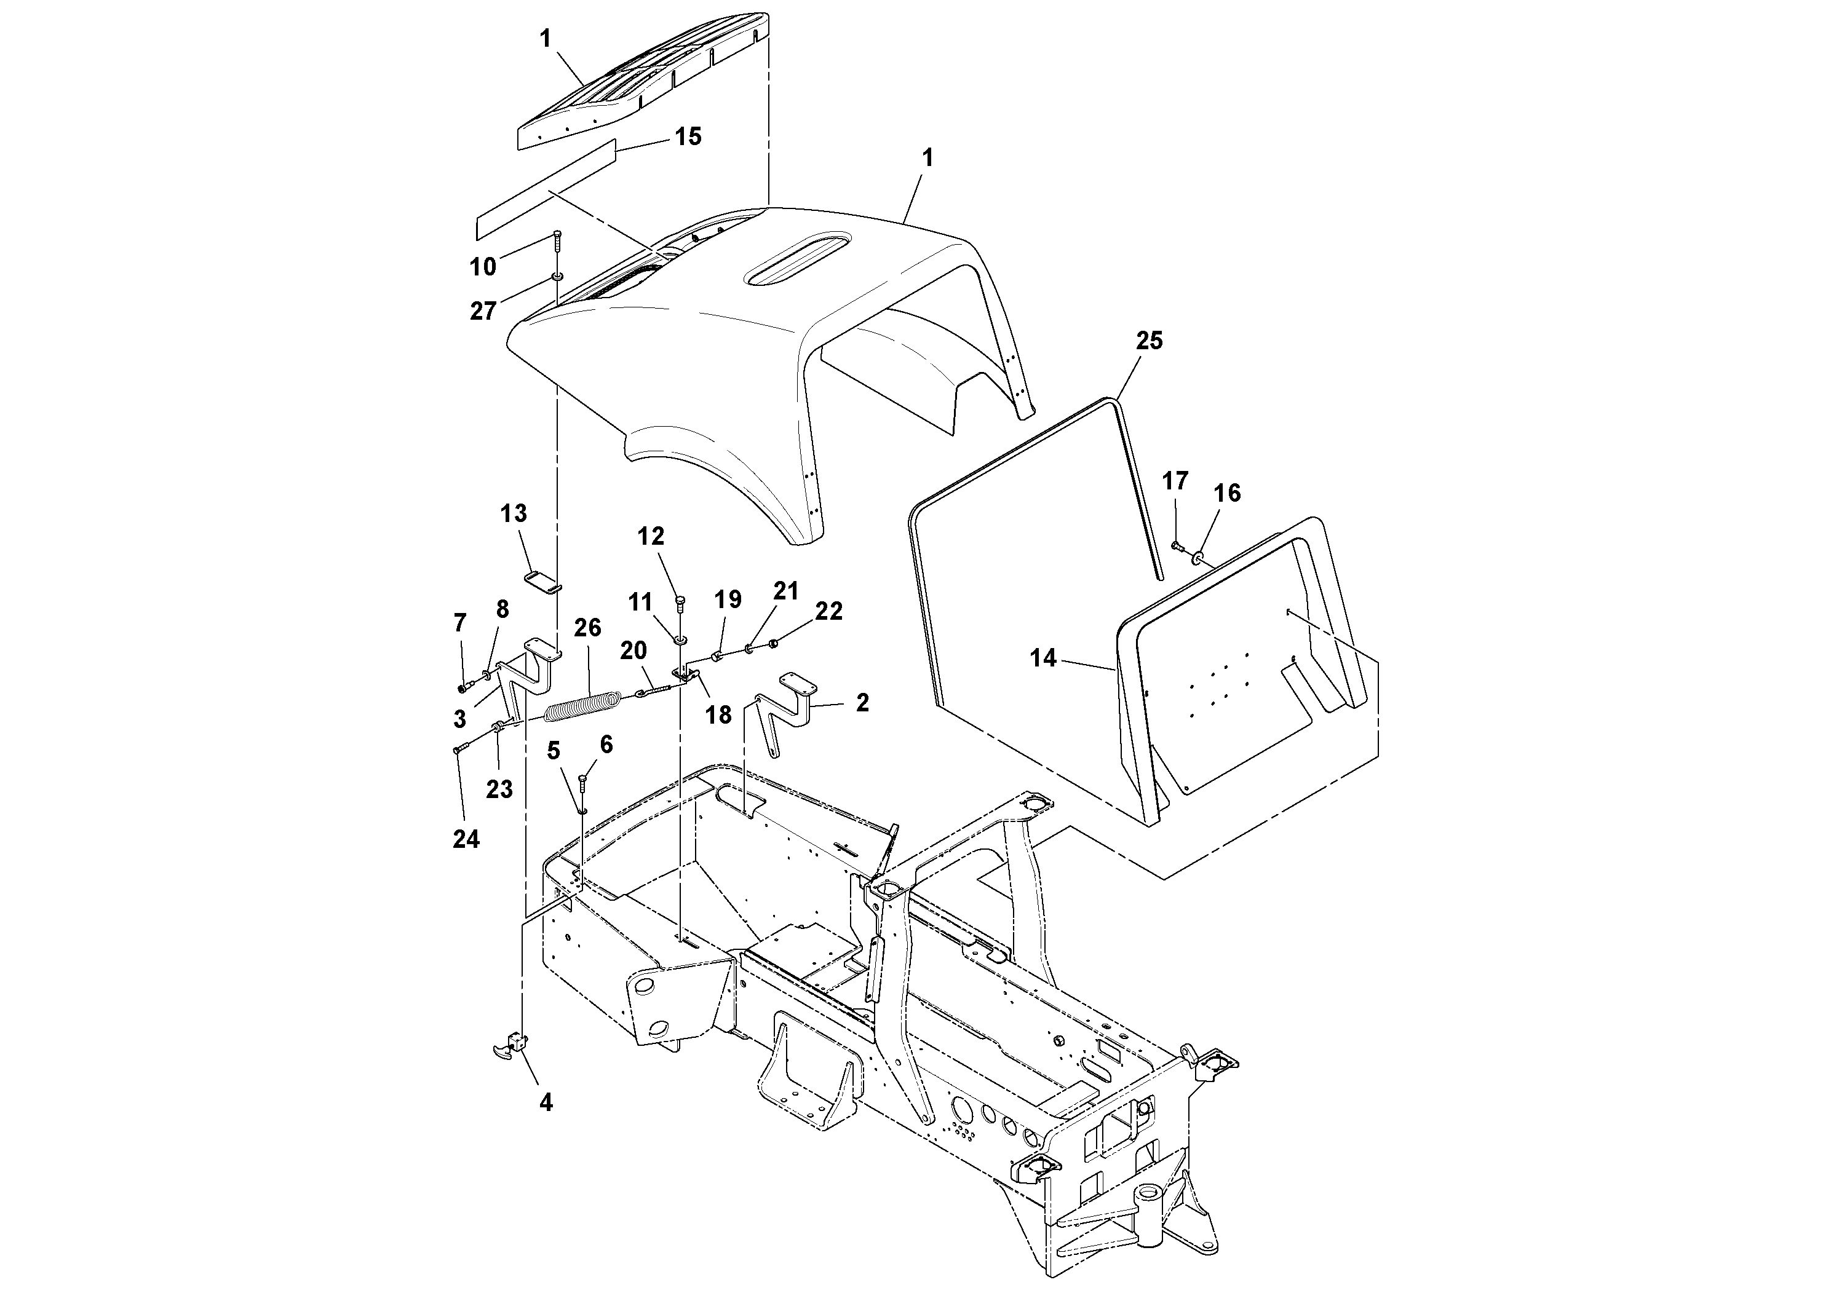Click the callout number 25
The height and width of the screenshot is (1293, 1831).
(1149, 341)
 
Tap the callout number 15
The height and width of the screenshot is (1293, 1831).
(688, 136)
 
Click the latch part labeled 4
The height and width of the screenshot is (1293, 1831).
(510, 1046)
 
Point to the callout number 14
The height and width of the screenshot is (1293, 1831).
(1043, 658)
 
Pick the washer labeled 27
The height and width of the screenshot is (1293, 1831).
(557, 277)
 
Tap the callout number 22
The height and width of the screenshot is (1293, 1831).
(828, 611)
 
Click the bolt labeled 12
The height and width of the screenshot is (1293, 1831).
(680, 603)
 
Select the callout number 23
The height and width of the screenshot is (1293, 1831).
(499, 789)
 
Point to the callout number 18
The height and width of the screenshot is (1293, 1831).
(718, 715)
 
